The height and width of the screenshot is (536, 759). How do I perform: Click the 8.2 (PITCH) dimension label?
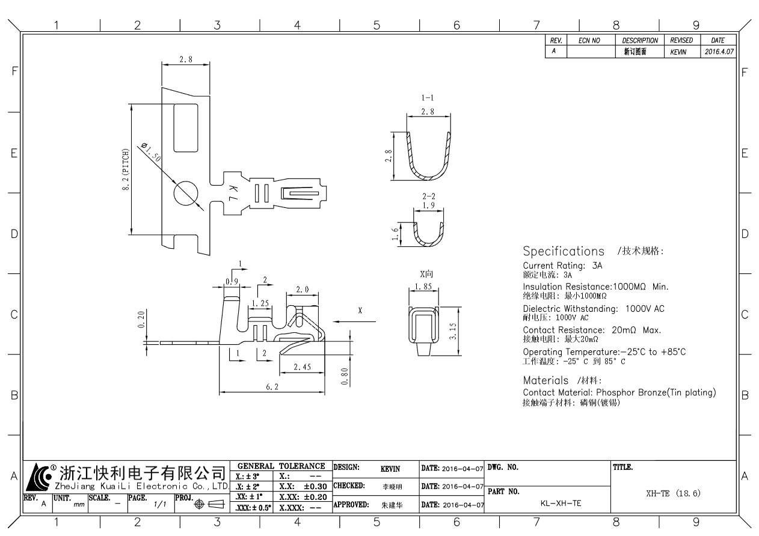pyautogui.click(x=126, y=169)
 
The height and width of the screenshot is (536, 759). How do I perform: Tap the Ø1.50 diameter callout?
pyautogui.click(x=151, y=152)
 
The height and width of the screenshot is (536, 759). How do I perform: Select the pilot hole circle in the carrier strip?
pyautogui.click(x=186, y=193)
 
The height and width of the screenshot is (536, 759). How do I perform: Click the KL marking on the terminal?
pyautogui.click(x=233, y=193)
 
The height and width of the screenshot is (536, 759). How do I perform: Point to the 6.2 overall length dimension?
pyautogui.click(x=272, y=387)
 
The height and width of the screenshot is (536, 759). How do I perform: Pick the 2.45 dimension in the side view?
pyautogui.click(x=303, y=367)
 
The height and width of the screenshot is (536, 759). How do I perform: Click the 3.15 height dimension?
pyautogui.click(x=453, y=331)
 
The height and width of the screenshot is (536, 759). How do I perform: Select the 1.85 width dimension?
pyautogui.click(x=423, y=287)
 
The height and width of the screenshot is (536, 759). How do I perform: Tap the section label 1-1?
pyautogui.click(x=428, y=98)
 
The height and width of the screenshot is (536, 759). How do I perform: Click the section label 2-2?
pyautogui.click(x=429, y=196)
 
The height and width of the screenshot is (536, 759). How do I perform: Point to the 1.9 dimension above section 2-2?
pyautogui.click(x=429, y=205)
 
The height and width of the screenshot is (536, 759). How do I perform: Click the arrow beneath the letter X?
pyautogui.click(x=354, y=321)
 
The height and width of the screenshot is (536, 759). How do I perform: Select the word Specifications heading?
pyautogui.click(x=564, y=251)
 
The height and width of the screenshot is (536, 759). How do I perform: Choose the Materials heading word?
pyautogui.click(x=545, y=380)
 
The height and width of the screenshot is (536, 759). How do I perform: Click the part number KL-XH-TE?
pyautogui.click(x=561, y=504)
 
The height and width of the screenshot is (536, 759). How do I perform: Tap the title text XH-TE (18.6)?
pyautogui.click(x=673, y=493)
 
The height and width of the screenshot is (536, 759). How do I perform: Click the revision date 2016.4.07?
pyautogui.click(x=719, y=52)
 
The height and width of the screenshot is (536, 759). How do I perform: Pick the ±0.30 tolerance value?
pyautogui.click(x=315, y=487)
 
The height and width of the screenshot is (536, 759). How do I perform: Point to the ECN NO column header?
pyautogui.click(x=589, y=41)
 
